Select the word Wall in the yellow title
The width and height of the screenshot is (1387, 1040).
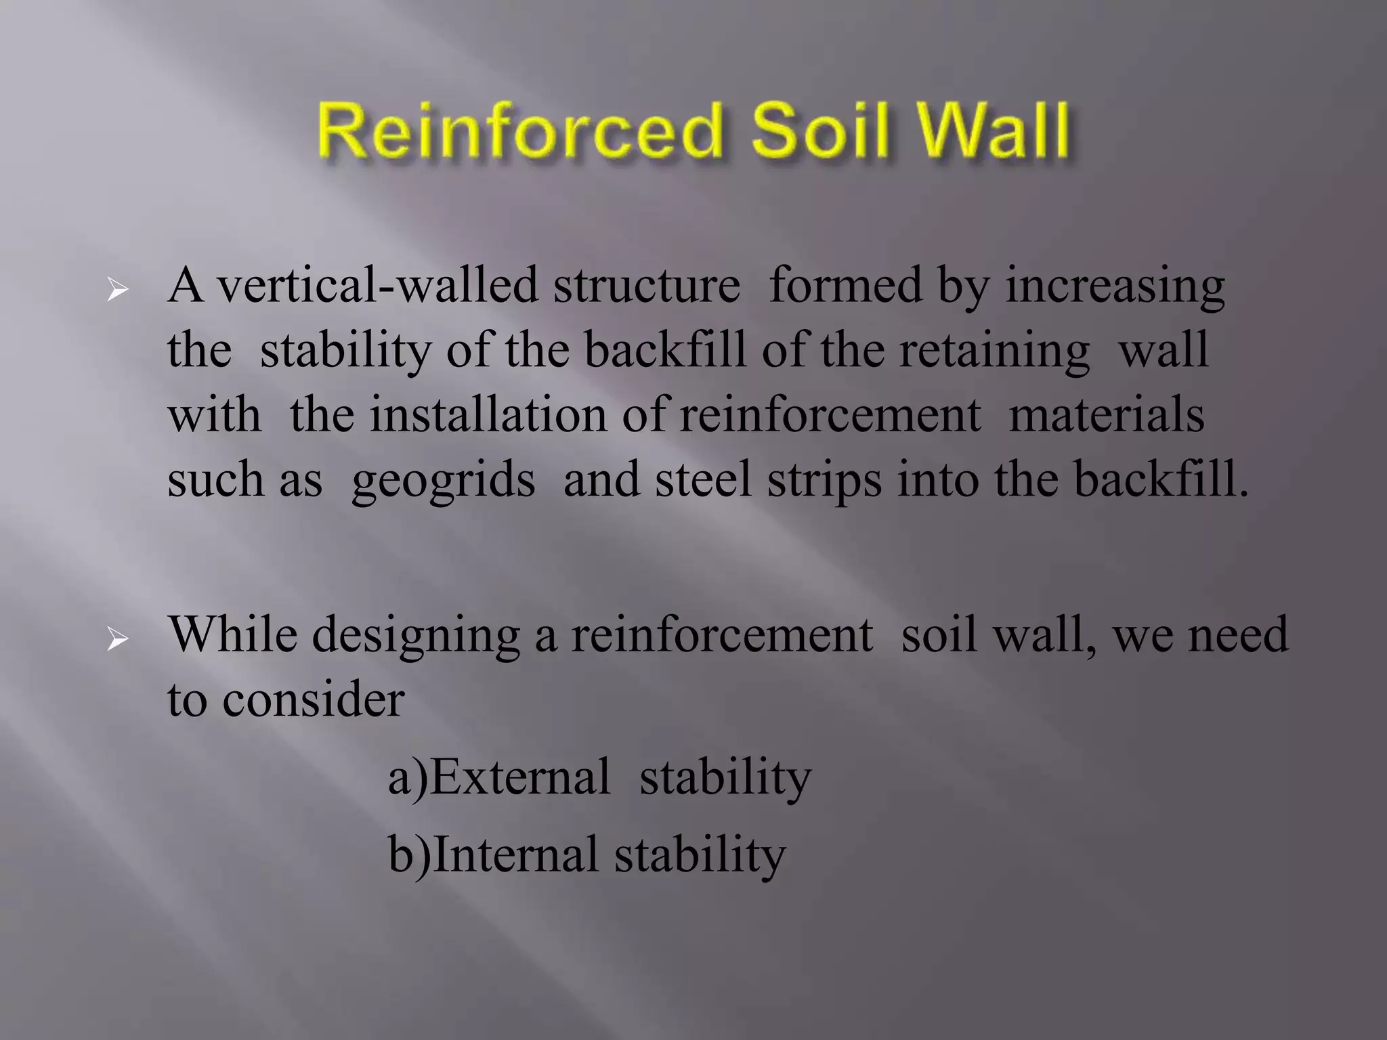(x=993, y=130)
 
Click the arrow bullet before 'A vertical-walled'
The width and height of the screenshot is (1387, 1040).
(x=118, y=291)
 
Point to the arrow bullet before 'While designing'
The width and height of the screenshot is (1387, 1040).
(x=118, y=639)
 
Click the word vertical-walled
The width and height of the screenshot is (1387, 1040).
(x=377, y=286)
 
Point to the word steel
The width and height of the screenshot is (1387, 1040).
(x=703, y=479)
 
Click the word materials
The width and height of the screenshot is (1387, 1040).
(x=1106, y=414)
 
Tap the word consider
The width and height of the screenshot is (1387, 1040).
(x=313, y=700)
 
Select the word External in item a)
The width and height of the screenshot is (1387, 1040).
(x=520, y=777)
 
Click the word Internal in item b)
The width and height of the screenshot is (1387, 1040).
(x=515, y=854)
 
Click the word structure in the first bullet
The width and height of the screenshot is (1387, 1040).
(x=647, y=286)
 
